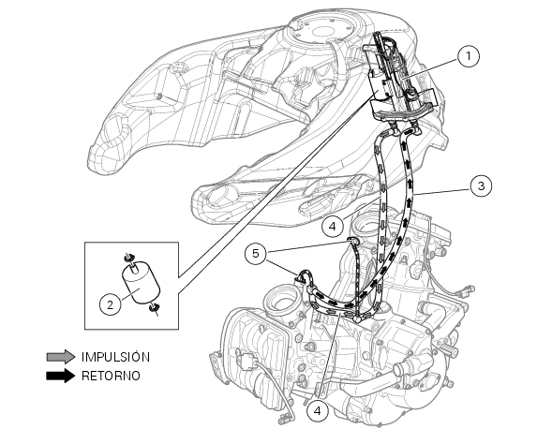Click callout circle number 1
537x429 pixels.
point(469,55)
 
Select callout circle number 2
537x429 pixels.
point(110,304)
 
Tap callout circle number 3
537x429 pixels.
point(481,185)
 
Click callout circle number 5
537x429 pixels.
point(256,254)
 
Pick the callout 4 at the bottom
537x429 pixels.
point(317,410)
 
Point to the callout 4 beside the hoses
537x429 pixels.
point(333,227)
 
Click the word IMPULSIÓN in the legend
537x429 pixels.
point(116,357)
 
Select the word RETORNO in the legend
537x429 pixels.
point(111,376)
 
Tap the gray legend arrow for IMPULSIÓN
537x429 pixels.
point(61,357)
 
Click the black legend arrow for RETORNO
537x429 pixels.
point(61,376)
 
